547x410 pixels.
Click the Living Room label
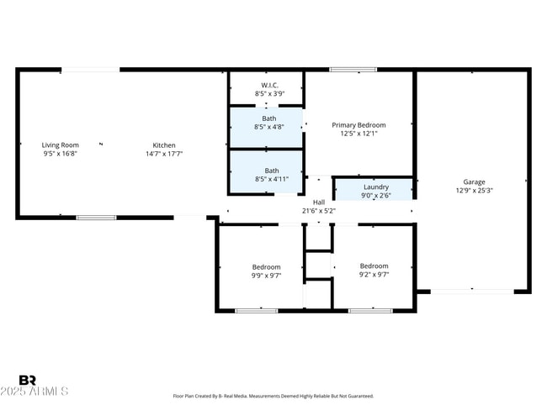point(61,145)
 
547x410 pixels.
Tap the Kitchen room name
point(164,145)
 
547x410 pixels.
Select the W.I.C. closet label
point(269,85)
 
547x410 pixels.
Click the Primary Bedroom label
point(358,124)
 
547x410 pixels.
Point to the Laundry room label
point(375,187)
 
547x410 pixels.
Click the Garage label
point(474,181)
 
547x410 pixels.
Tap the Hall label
point(319,202)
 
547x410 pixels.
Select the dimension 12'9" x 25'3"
point(474,190)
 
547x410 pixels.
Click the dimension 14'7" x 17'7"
point(164,154)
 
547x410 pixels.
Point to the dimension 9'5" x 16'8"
point(61,154)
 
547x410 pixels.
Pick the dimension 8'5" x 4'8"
point(269,127)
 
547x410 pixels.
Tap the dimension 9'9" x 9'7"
point(266,275)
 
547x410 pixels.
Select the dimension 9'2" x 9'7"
point(374,275)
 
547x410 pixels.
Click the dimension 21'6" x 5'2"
point(319,210)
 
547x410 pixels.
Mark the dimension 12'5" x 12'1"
point(358,133)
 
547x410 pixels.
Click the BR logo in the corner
point(27,381)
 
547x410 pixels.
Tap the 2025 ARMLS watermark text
point(35,392)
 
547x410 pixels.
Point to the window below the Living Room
point(96,218)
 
